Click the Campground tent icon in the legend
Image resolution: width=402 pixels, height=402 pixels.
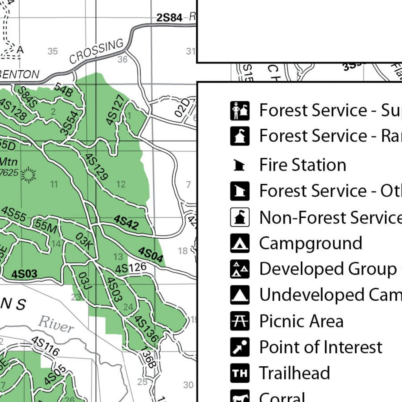click(239, 243)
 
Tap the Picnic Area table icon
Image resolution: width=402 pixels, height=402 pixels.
click(239, 321)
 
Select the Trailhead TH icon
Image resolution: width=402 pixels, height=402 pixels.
click(239, 373)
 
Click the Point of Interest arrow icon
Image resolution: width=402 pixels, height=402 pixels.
click(239, 347)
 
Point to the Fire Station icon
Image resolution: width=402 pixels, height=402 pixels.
click(239, 165)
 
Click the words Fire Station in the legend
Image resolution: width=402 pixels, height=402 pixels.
click(303, 165)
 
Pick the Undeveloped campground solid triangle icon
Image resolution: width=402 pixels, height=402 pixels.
click(239, 295)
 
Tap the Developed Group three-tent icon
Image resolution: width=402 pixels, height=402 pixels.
click(239, 269)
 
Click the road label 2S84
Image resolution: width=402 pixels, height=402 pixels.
click(169, 18)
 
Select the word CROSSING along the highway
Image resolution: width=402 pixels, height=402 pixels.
click(97, 51)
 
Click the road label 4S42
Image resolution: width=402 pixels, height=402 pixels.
click(126, 222)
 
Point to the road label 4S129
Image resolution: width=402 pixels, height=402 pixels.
click(96, 166)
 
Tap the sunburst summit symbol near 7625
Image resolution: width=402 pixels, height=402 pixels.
click(28, 175)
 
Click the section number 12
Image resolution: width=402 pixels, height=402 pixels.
click(121, 184)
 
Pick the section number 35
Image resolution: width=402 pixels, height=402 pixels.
click(53, 51)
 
